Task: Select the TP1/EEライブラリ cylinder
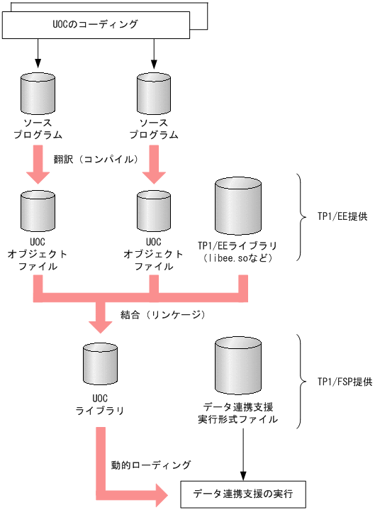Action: [x=238, y=205]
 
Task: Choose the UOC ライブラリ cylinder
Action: [x=100, y=366]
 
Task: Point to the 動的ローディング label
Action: [x=151, y=465]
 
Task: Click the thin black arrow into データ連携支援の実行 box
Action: [x=244, y=454]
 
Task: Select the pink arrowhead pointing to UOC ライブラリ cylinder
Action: [x=100, y=325]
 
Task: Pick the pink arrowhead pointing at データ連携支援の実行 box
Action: [x=163, y=492]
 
